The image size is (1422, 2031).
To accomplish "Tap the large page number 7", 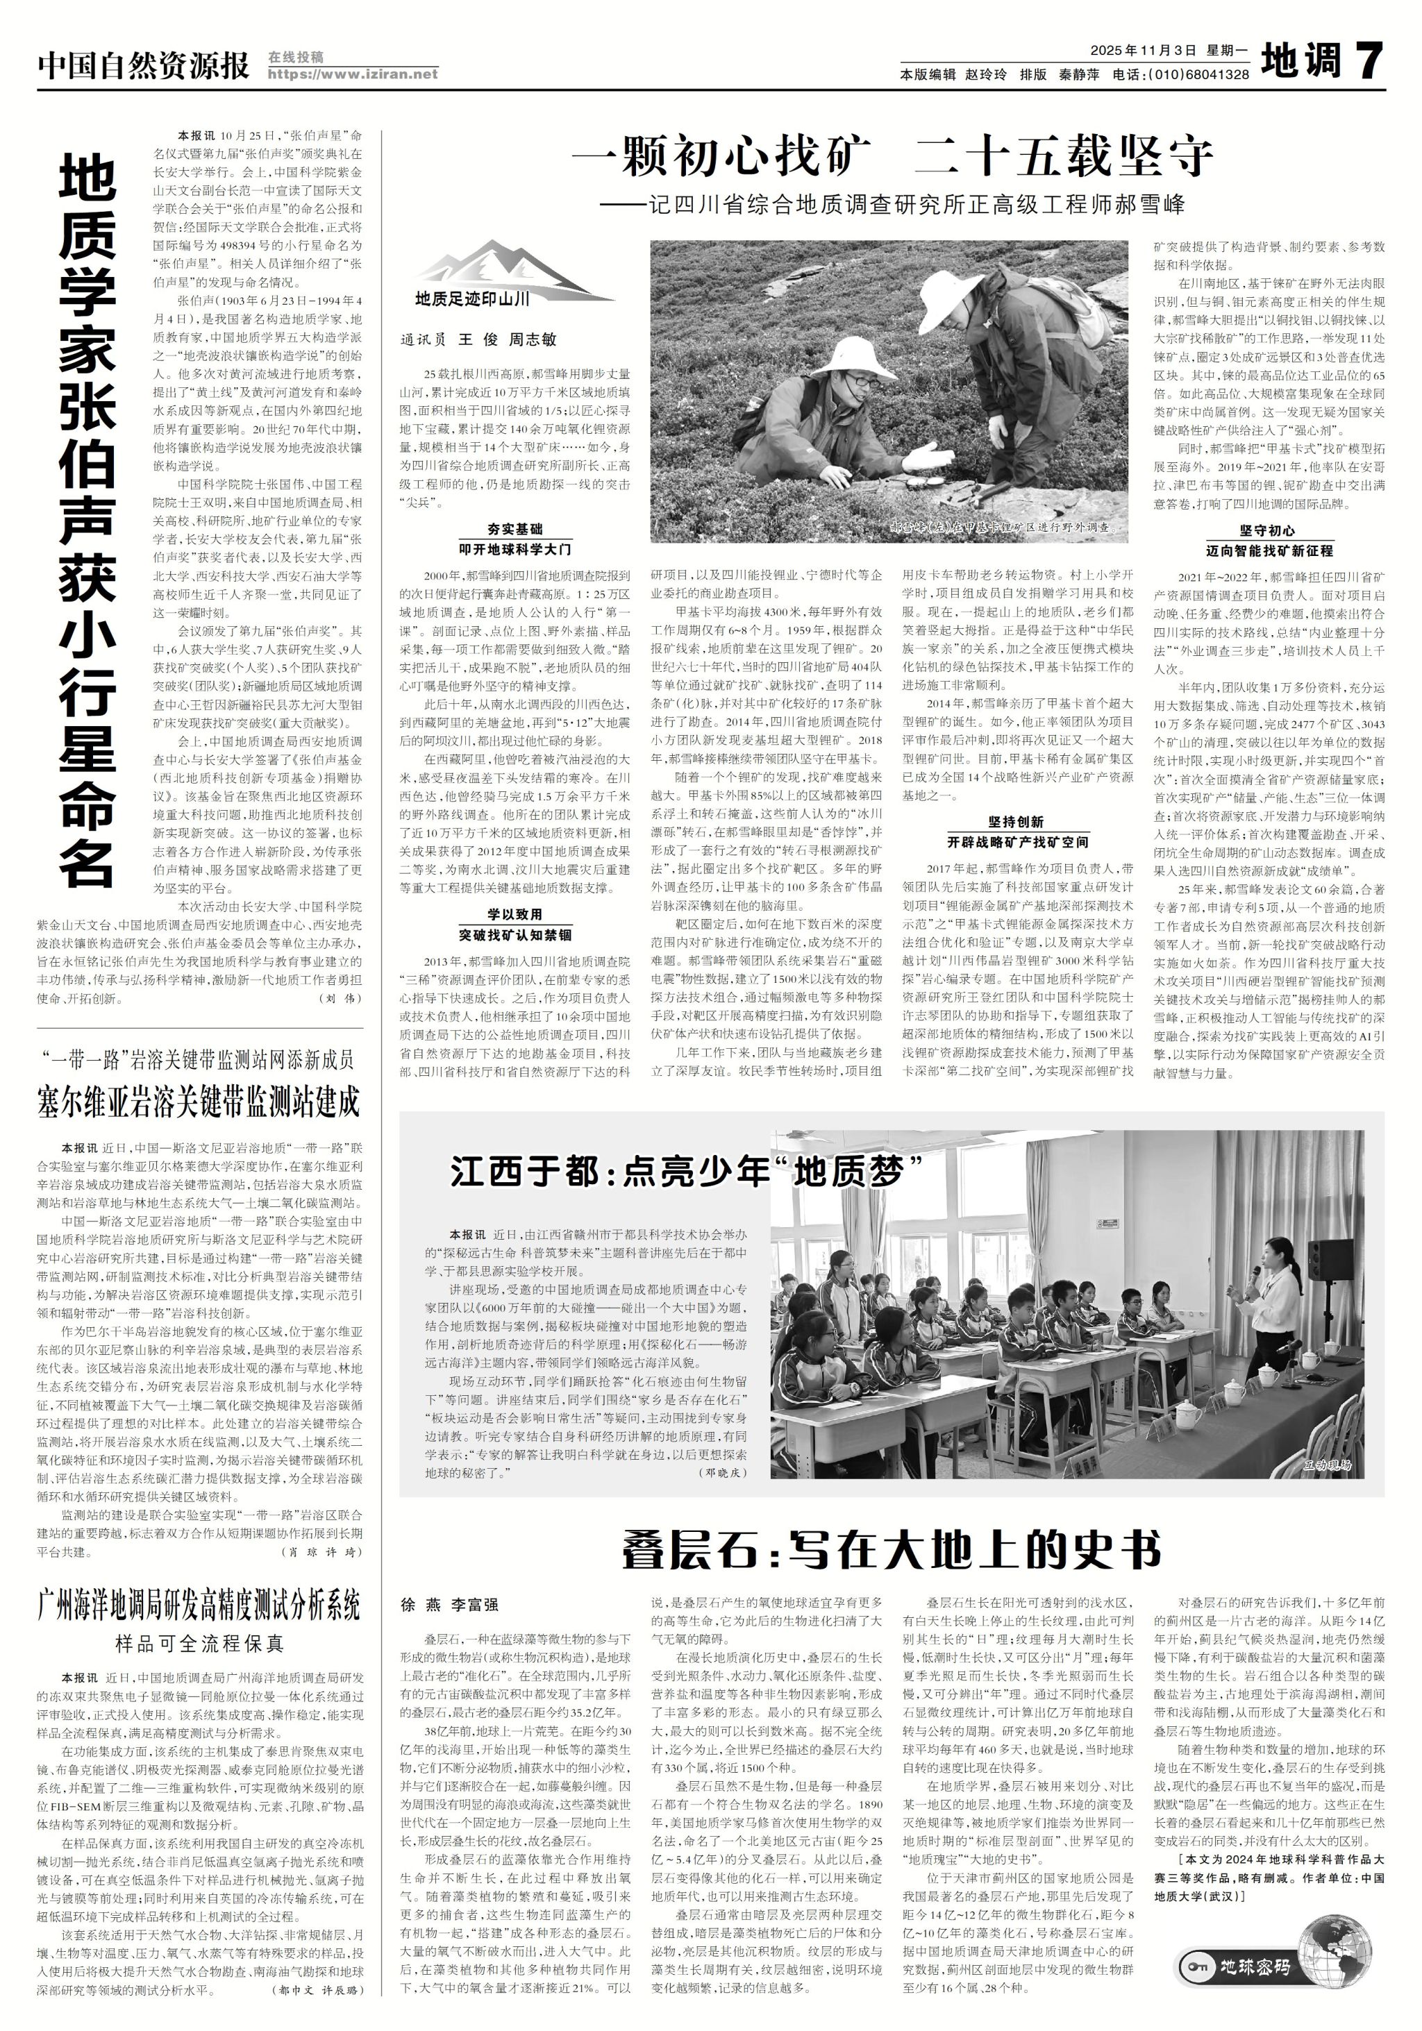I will click(1364, 62).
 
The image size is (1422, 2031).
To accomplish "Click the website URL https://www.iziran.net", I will click(352, 74).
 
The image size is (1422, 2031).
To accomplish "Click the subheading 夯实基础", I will click(515, 529).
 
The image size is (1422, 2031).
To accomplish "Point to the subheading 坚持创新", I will click(1016, 821).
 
